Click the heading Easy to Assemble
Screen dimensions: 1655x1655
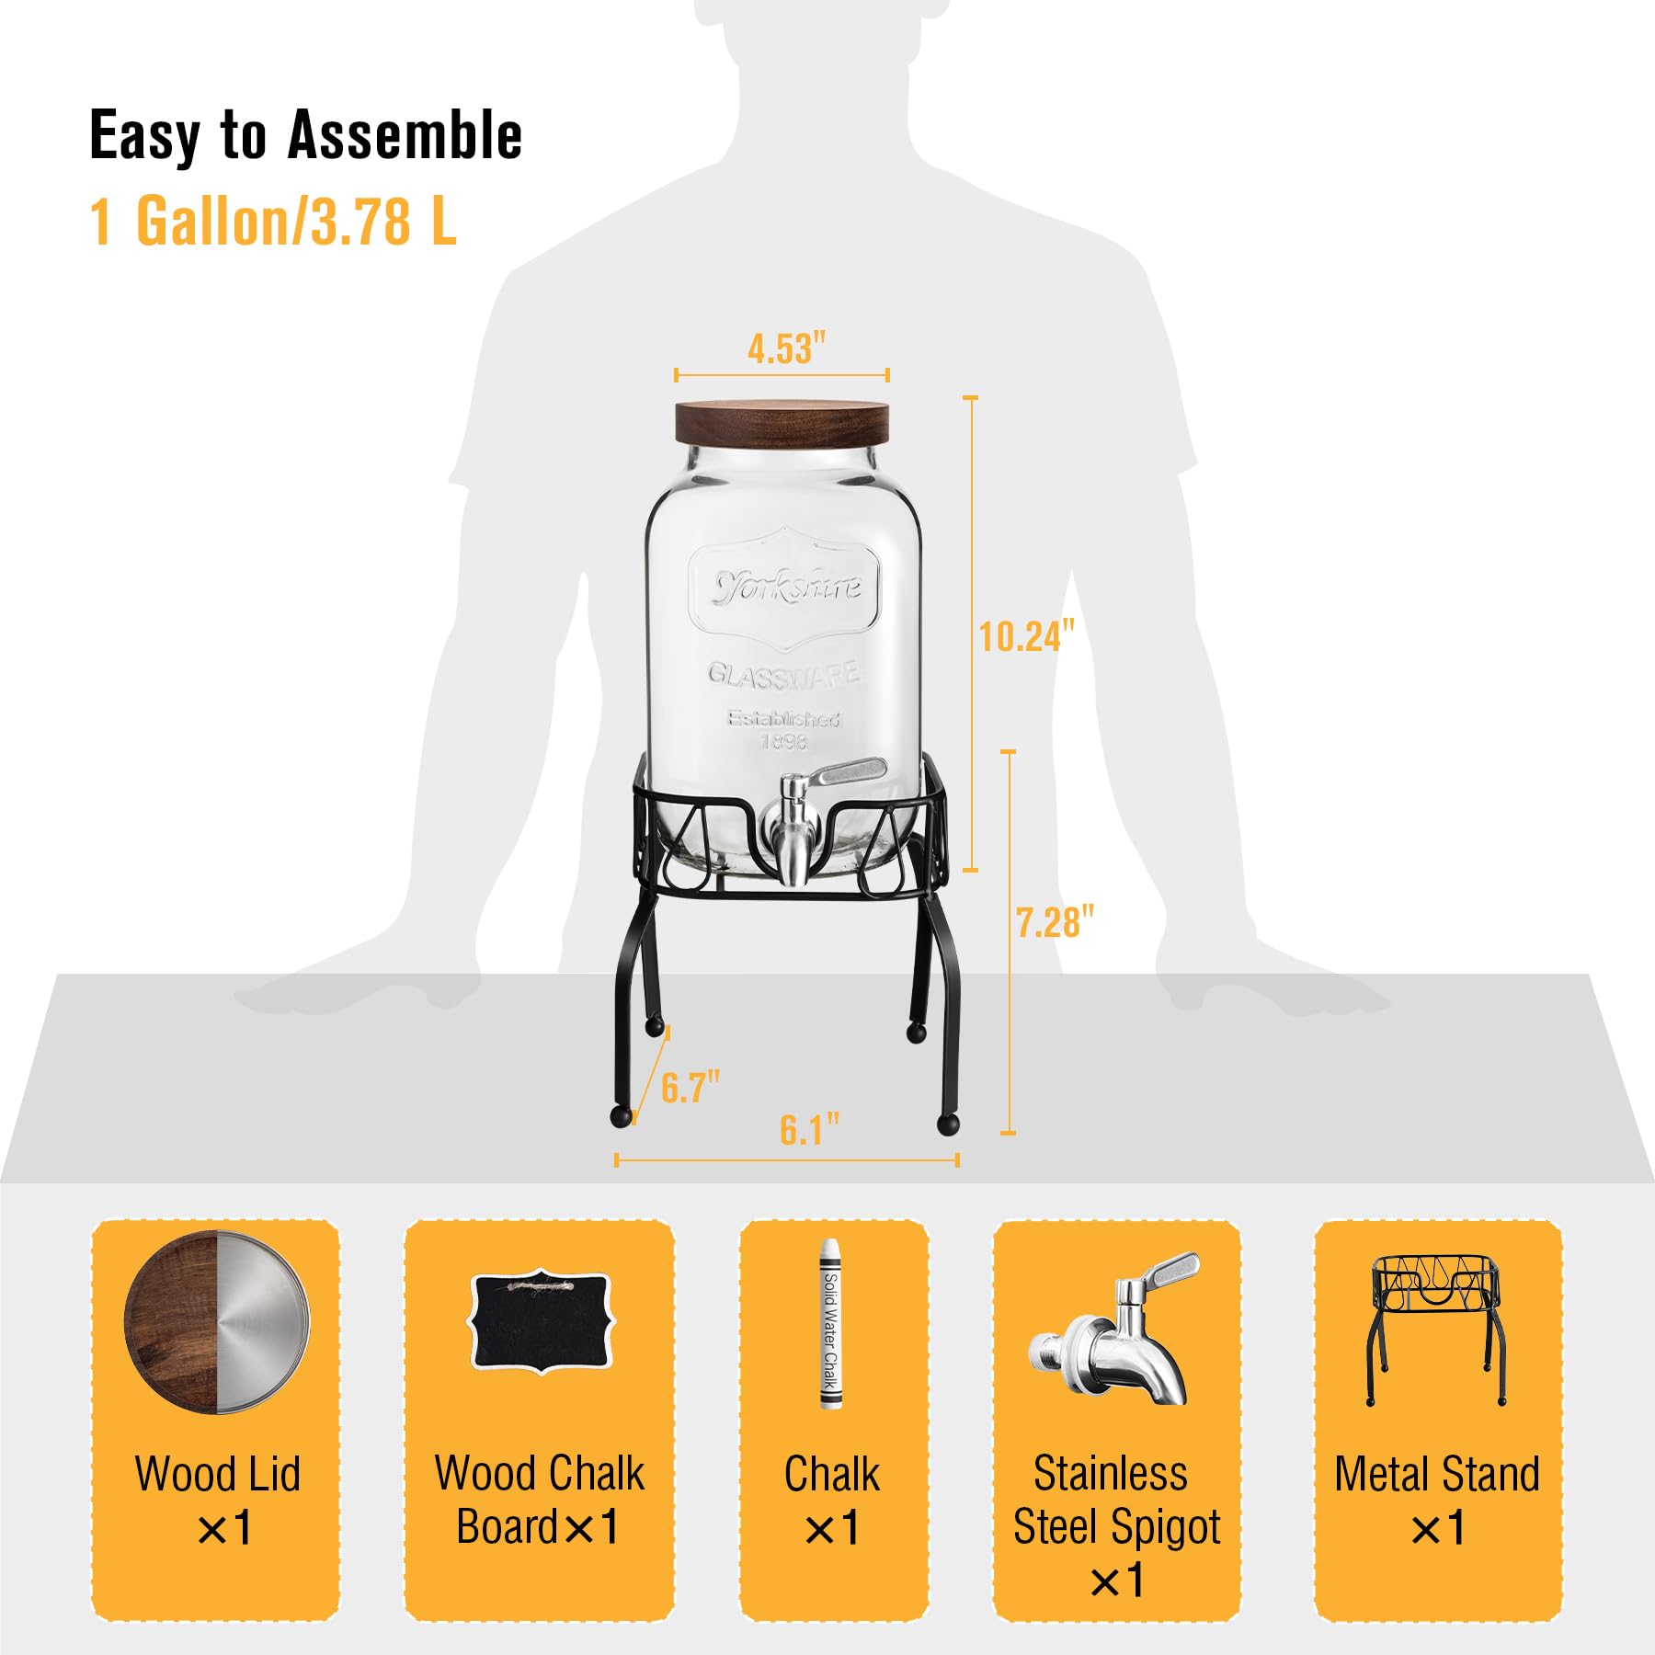pos(305,136)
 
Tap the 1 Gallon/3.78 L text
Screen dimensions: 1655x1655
pos(273,223)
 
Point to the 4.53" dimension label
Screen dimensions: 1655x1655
pos(786,349)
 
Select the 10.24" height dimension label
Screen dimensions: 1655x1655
pos(1025,636)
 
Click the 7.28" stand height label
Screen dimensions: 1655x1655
pos(1055,922)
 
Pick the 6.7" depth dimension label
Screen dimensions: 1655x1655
pos(690,1088)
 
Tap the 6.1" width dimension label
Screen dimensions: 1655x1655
pos(809,1130)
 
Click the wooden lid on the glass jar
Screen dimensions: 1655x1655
pos(782,424)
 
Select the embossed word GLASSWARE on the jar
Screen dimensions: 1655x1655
pos(783,673)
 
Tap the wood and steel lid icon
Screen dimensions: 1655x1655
pos(217,1322)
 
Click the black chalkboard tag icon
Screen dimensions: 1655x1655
pos(541,1322)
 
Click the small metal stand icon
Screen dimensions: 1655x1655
pos(1436,1329)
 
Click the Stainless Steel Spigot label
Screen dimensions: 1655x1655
pos(1116,1526)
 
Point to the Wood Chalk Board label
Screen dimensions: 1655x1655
pos(539,1501)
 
